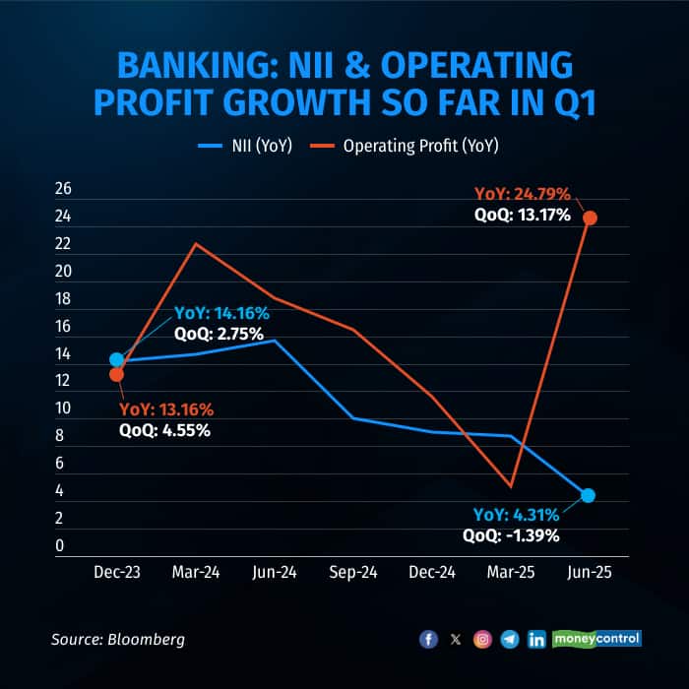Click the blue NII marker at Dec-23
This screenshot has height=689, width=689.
[117, 360]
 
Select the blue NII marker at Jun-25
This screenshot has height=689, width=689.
[589, 495]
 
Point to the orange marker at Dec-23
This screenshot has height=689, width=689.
[117, 374]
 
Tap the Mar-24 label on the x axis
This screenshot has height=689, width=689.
[195, 573]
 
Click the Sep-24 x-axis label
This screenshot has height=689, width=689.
[352, 573]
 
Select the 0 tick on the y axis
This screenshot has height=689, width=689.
[62, 545]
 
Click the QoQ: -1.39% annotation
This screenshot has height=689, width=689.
[511, 535]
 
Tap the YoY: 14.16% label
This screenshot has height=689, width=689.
[221, 313]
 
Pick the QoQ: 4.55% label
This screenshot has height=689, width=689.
[164, 429]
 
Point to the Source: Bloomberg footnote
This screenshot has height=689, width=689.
[118, 640]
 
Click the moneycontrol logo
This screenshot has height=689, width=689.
[597, 639]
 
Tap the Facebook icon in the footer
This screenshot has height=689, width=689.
[428, 640]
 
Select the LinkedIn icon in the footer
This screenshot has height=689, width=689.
[536, 640]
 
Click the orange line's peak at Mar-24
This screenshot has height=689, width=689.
[196, 243]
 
